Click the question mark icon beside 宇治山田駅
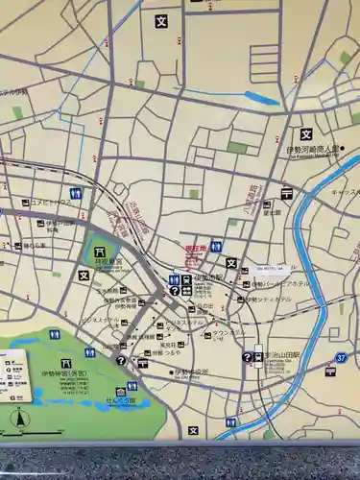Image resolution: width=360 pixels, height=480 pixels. point(247,357)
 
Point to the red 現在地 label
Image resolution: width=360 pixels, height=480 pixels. point(195,249)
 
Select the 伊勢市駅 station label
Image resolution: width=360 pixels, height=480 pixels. point(207,278)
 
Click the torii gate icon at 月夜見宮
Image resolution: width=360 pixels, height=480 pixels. point(101,252)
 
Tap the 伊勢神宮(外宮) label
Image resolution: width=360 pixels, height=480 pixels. point(63,374)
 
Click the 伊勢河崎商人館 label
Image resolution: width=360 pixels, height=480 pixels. point(313,150)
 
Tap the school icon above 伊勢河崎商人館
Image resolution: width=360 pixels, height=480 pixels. point(306,134)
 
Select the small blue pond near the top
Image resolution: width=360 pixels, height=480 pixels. point(261,97)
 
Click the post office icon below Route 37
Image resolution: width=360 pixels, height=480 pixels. point(331,372)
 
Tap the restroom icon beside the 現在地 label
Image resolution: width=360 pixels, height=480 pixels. point(217,248)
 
